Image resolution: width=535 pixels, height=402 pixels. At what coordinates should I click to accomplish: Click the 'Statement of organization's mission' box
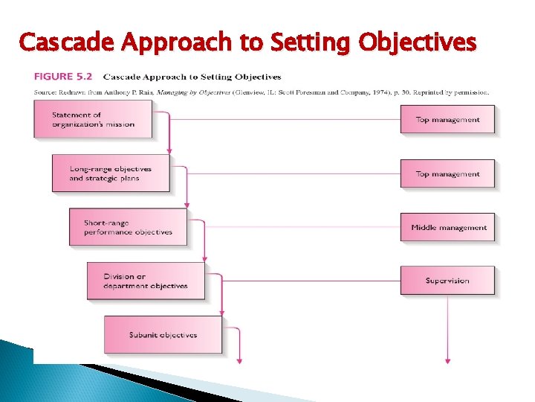point(93,119)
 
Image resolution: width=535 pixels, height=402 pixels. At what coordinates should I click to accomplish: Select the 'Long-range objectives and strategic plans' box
point(111,173)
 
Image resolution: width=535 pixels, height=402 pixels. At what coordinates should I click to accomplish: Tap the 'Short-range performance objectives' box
point(128,227)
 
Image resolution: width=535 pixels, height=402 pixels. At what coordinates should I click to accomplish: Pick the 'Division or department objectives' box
point(146,281)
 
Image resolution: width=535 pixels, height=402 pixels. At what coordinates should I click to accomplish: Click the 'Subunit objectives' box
point(163,335)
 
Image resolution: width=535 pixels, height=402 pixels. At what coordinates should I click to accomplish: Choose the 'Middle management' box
point(447,228)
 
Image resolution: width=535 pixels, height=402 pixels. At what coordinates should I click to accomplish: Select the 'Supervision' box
point(447,281)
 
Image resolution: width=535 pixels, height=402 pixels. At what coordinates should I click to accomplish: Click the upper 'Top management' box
point(447,119)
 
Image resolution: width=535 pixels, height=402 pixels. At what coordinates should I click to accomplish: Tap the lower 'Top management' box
point(447,173)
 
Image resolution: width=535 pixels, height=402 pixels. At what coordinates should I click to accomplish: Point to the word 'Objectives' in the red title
point(417,42)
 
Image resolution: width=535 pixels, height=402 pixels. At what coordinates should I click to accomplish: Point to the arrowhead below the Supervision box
point(447,361)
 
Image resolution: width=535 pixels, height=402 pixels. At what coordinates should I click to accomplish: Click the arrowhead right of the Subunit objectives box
point(239,361)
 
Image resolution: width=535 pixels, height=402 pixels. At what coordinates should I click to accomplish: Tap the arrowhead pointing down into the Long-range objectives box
point(169,151)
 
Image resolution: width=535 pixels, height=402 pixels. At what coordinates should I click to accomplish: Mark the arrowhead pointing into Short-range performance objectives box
point(187,205)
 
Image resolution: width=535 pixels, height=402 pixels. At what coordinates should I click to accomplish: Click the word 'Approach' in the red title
point(181,42)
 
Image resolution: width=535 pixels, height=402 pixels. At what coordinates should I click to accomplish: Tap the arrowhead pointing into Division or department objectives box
point(204,258)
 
